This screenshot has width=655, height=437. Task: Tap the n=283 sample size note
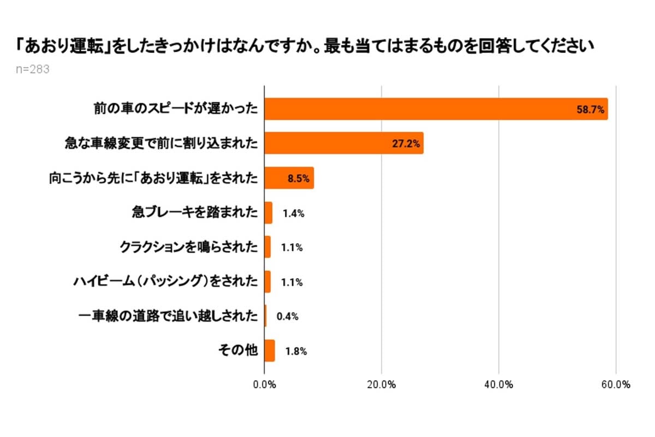point(33,69)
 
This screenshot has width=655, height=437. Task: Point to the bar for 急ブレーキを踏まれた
point(269,212)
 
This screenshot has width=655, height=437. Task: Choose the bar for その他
point(270,351)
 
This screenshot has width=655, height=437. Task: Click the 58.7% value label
point(590,110)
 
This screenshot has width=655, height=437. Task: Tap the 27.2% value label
point(406,144)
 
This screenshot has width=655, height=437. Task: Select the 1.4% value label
point(293,213)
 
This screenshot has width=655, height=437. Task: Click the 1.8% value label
point(296,351)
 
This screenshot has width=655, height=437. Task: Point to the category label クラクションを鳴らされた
point(188,247)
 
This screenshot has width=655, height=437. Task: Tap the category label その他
point(243,351)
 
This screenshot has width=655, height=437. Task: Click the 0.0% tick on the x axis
point(265,384)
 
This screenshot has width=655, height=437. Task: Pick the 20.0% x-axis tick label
point(382,384)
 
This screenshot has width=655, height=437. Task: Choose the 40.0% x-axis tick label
point(498,384)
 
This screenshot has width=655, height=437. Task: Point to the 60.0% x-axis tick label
point(616,384)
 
